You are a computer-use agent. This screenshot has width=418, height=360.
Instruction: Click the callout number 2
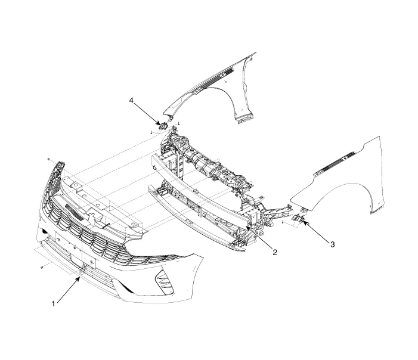[275, 252]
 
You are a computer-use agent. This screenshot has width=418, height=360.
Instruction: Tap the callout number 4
[131, 101]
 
